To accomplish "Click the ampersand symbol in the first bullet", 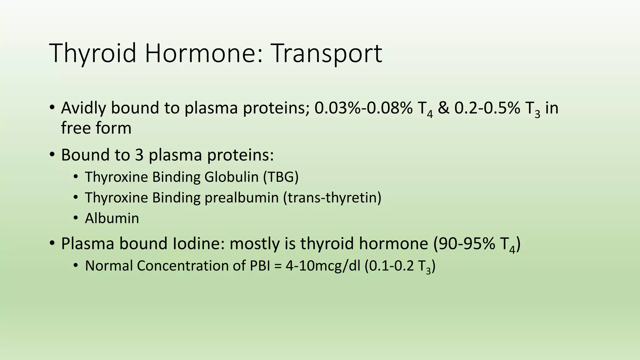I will pos(443,108).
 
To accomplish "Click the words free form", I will pos(96,128).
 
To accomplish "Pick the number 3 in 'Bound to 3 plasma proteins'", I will pos(139,155).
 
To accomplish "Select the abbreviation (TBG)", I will pos(281,177).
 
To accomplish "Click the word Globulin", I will pos(231,177).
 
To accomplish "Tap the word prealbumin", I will pos(241,198).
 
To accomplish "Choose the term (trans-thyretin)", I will pos(332,198).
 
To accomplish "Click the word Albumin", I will pos(112,218).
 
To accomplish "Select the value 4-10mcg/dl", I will pos(323,266).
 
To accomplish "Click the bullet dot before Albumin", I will pos(75,218).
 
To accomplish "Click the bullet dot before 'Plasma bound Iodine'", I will pos(52,243).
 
